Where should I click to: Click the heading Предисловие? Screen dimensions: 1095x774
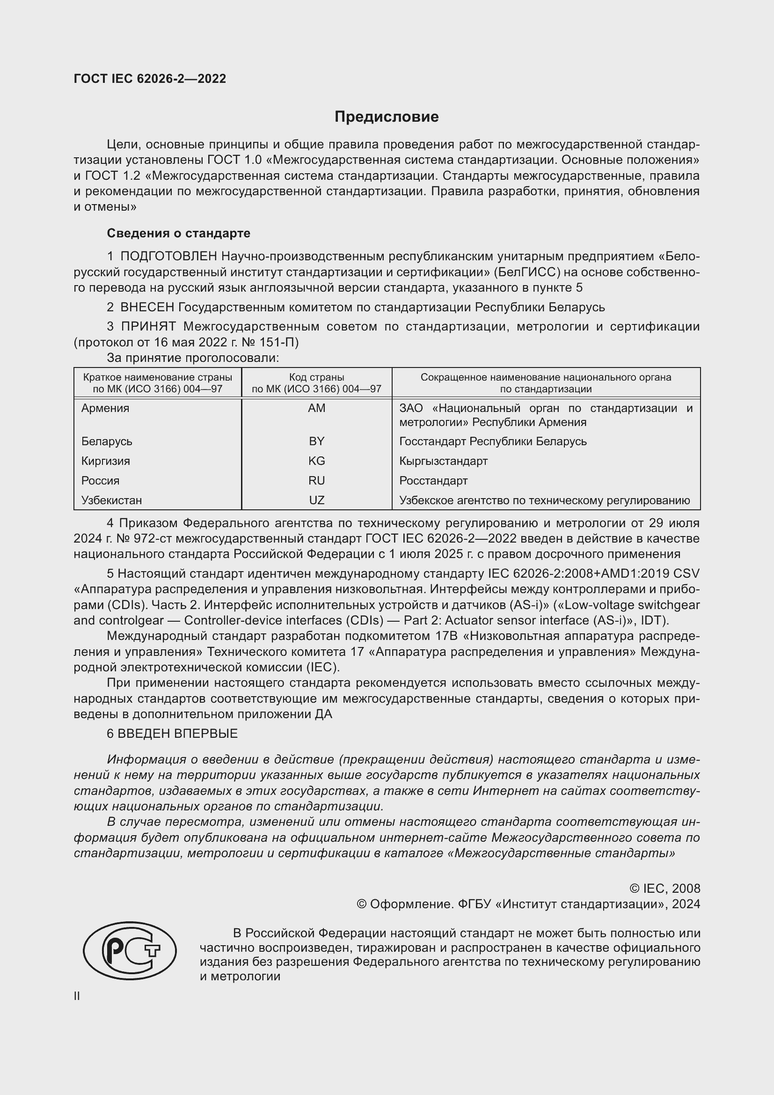(386, 117)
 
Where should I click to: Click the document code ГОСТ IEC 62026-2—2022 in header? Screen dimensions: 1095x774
(150, 79)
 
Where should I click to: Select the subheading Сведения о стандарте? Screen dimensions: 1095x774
(178, 233)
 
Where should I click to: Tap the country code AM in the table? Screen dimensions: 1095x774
(316, 408)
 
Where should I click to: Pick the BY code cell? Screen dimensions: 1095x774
(316, 441)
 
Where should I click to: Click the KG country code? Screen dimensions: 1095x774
(316, 461)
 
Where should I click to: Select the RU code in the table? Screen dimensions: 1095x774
(316, 480)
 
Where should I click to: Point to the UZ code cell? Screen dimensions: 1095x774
(316, 500)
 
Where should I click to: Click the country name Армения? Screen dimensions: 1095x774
(105, 408)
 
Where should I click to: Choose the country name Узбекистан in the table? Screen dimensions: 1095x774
(111, 500)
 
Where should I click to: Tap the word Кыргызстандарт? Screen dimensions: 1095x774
(443, 461)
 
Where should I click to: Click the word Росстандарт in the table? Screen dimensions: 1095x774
(433, 480)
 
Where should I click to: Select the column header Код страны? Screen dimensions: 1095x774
(316, 377)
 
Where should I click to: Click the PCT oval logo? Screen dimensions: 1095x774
(130, 950)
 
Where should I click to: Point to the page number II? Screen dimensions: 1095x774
(77, 996)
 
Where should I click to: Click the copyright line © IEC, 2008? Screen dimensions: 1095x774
(665, 888)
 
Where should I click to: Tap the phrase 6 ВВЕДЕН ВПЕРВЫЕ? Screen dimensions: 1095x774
(172, 734)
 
